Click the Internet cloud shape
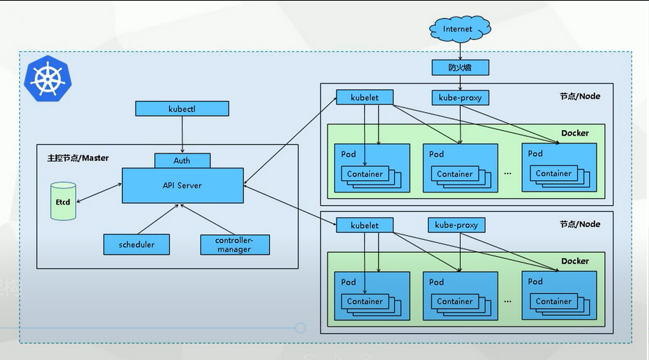pos(458,29)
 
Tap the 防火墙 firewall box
pos(460,67)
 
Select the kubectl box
pos(182,109)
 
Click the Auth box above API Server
pos(182,160)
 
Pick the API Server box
pos(182,185)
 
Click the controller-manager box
pos(234,244)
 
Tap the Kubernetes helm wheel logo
pos(49,77)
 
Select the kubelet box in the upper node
pos(364,97)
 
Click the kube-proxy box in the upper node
pos(461,97)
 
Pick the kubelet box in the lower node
pos(364,225)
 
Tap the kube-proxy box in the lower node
pos(456,225)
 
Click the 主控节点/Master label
pos(74,158)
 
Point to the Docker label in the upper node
pos(574,133)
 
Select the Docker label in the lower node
pos(574,261)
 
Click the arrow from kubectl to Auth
pos(182,134)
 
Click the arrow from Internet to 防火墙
pos(460,50)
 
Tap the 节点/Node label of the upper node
pos(579,96)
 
